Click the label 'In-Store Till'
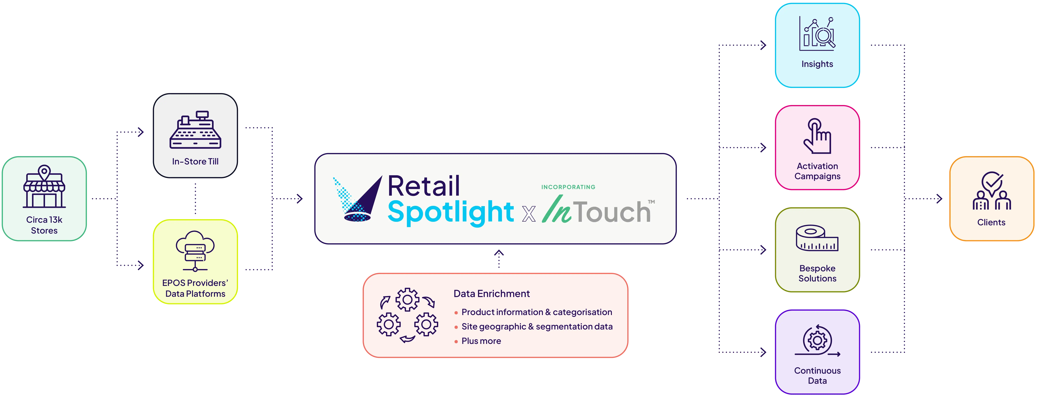tap(195, 162)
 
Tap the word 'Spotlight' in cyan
tap(451, 212)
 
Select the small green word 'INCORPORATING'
tap(568, 187)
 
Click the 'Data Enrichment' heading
tap(492, 294)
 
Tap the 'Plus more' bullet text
tap(481, 341)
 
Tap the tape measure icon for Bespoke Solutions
tap(817, 238)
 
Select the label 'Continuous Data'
tap(817, 375)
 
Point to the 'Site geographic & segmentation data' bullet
tap(537, 327)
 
